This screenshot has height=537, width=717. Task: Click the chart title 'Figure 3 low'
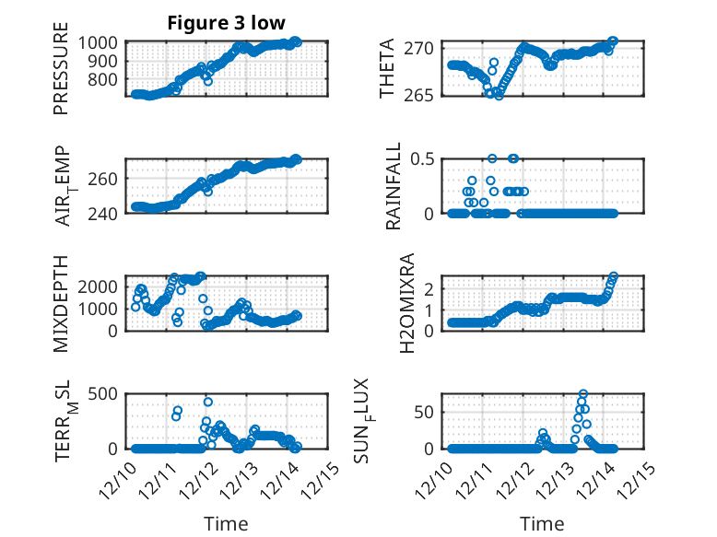[x=227, y=23]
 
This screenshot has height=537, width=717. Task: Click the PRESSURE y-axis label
[x=61, y=74]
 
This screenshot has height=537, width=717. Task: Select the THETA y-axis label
[x=388, y=69]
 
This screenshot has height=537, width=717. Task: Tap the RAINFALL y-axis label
[x=394, y=185]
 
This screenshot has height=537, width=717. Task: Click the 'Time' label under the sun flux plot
[x=542, y=524]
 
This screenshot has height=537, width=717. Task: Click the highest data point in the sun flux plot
[x=582, y=393]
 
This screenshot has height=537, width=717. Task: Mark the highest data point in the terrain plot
[x=208, y=402]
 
